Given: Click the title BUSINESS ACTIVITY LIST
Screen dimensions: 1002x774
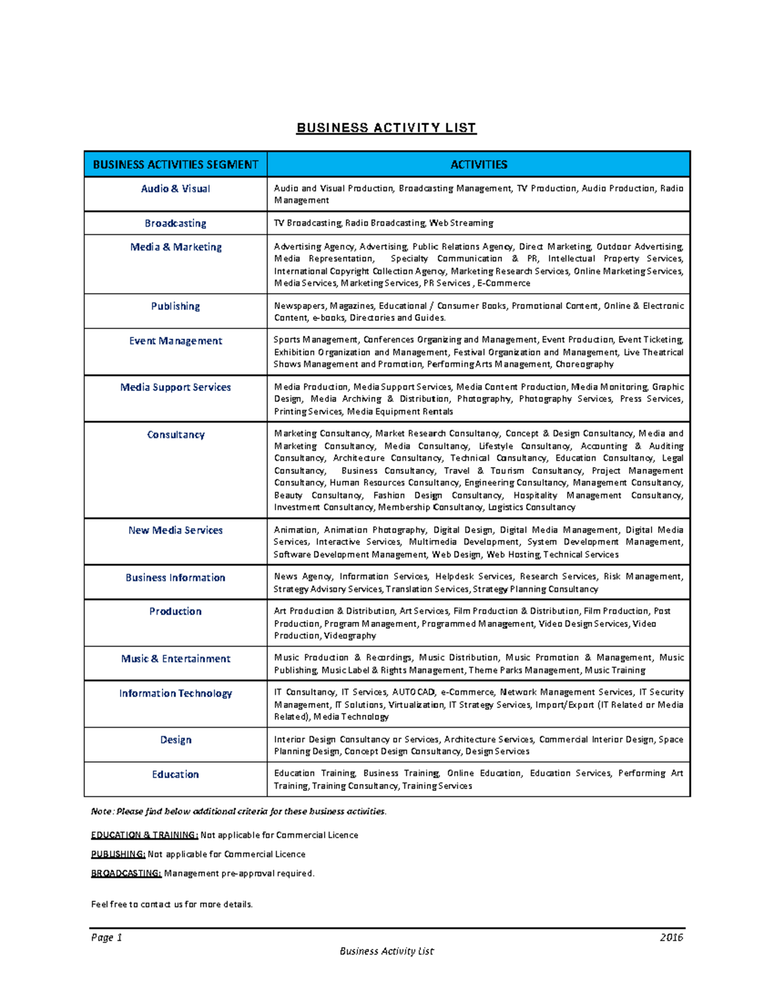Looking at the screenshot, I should pyautogui.click(x=386, y=128).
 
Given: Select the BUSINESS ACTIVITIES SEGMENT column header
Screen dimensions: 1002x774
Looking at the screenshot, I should pyautogui.click(x=175, y=165).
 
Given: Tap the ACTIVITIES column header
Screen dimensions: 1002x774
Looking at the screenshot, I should pyautogui.click(x=479, y=165).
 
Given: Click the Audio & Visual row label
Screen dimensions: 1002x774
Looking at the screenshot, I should pyautogui.click(x=175, y=189).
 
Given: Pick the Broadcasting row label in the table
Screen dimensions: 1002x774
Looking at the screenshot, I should pyautogui.click(x=175, y=223).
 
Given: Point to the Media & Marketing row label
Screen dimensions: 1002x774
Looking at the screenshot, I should pyautogui.click(x=175, y=247).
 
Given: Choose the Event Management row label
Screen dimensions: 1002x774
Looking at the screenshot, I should pyautogui.click(x=175, y=341).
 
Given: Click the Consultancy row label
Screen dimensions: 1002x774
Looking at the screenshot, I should pyautogui.click(x=175, y=435).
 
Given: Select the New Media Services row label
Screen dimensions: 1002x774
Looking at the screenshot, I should pyautogui.click(x=175, y=530).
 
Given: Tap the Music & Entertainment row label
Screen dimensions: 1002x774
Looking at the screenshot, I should pyautogui.click(x=175, y=659).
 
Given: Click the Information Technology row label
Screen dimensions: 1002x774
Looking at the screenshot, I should pyautogui.click(x=175, y=694).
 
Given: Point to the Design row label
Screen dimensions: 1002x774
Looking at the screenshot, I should pyautogui.click(x=175, y=740).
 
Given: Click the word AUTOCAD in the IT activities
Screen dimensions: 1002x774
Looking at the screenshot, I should pyautogui.click(x=413, y=692).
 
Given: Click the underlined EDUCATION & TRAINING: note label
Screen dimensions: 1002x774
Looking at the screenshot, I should pyautogui.click(x=144, y=835).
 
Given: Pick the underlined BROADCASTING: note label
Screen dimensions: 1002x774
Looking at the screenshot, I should pyautogui.click(x=126, y=874).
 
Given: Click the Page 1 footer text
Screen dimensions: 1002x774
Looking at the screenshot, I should pyautogui.click(x=106, y=937).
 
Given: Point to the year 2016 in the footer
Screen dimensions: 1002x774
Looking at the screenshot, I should pyautogui.click(x=671, y=937).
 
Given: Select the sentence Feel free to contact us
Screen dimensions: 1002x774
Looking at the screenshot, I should pyautogui.click(x=172, y=905).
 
